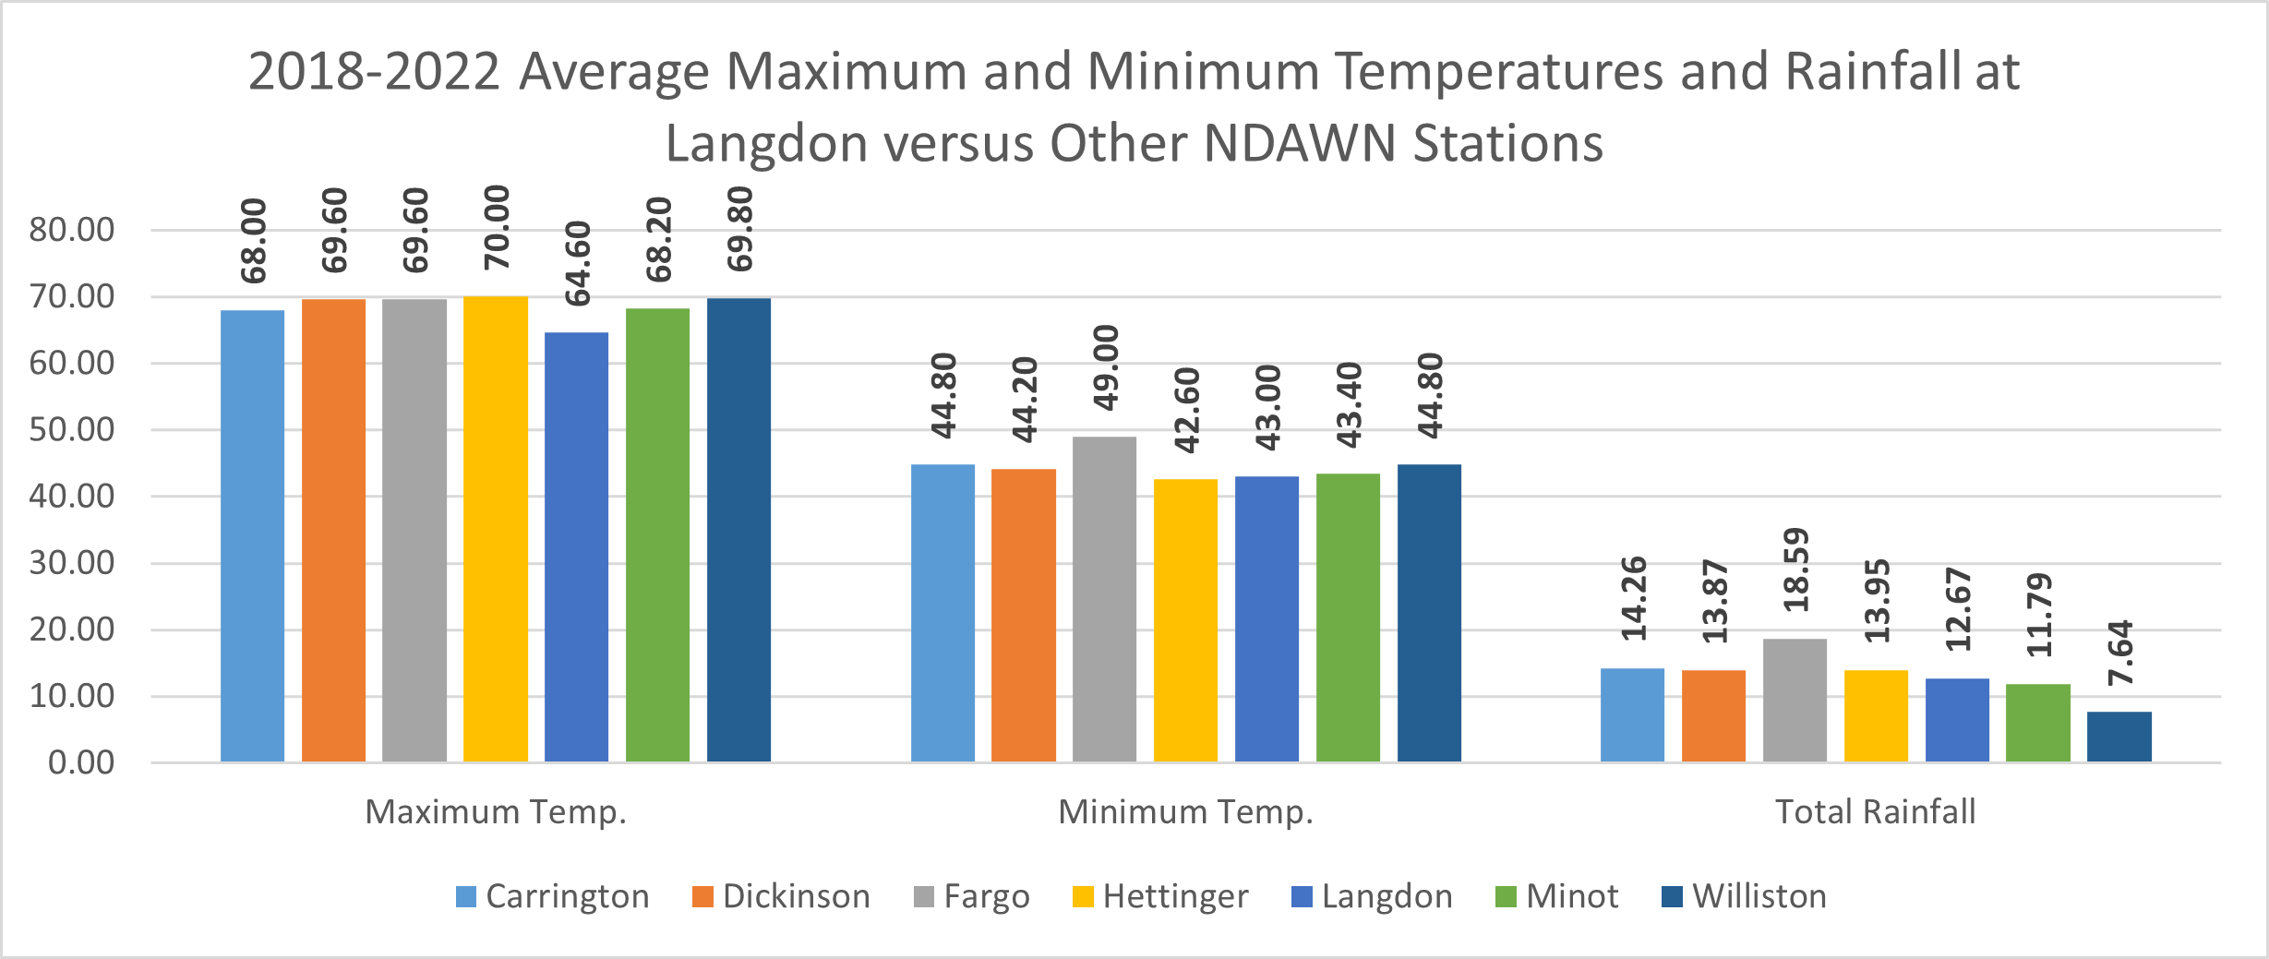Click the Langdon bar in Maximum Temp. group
576,546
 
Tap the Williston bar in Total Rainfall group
2119,737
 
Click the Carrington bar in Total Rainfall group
1632,714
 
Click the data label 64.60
578,264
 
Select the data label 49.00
1106,367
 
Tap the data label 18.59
1796,569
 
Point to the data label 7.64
2120,653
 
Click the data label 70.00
497,227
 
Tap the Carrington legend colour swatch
466,897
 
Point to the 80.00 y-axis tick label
72,230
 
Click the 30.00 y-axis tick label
72,563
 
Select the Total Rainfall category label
1875,811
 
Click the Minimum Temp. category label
1185,811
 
